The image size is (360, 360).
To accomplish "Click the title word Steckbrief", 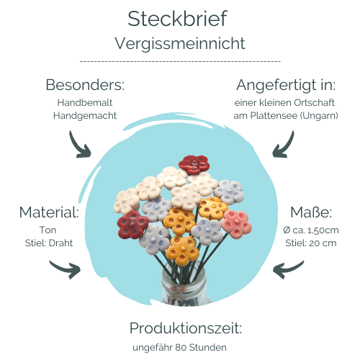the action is click(177, 19).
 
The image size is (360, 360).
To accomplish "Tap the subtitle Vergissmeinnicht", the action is click(180, 43).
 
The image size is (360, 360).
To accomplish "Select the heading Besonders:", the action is click(85, 85).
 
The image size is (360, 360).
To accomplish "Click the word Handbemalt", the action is click(85, 102).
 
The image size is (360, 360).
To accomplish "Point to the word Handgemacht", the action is click(85, 116).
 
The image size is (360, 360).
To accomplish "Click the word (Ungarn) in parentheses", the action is click(319, 116).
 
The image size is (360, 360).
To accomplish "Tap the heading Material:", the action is click(49, 212).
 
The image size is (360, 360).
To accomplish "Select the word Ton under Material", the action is click(48, 230).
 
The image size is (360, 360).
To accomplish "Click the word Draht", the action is click(60, 243).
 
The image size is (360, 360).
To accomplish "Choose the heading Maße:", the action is click(311, 212).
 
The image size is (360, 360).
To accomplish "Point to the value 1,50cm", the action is click(323, 230).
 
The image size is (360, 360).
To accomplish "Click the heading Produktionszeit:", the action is click(186, 328).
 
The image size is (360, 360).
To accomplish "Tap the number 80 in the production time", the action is click(181, 347).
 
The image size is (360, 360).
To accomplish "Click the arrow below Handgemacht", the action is click(77, 146).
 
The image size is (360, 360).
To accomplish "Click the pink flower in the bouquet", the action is click(236, 224).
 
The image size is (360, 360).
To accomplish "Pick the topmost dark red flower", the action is click(194, 164).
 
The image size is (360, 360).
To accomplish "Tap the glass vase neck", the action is click(184, 276).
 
